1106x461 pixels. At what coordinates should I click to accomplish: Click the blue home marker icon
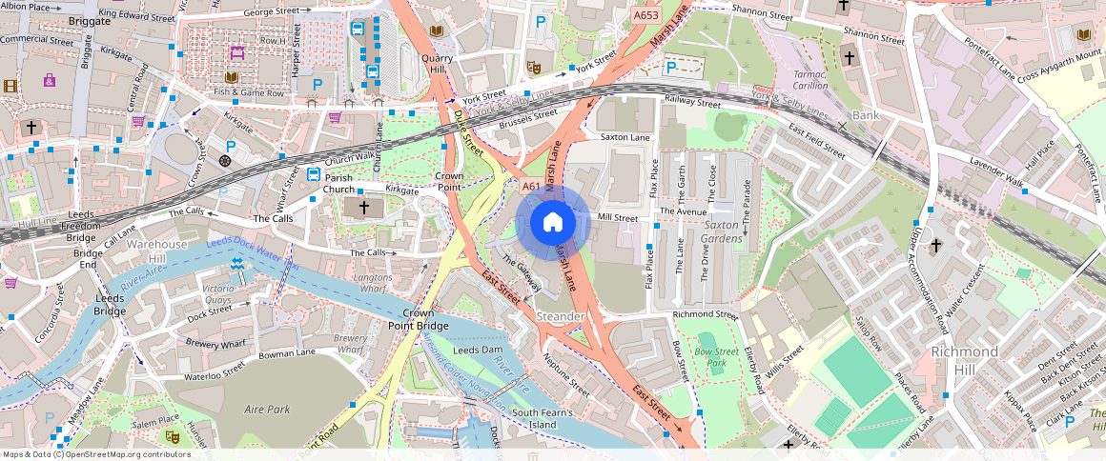[x=552, y=223]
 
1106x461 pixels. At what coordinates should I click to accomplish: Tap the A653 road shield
[x=645, y=16]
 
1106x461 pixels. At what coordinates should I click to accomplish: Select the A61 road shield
[x=531, y=186]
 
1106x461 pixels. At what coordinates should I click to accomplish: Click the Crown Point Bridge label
[x=419, y=319]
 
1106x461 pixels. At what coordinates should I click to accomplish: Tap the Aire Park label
[x=267, y=409]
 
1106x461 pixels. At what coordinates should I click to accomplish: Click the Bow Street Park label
[x=716, y=357]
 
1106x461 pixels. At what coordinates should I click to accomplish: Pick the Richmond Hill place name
[x=965, y=358]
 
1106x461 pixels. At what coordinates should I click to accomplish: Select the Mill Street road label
[x=617, y=218]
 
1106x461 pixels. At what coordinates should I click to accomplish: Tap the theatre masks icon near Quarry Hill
[x=535, y=68]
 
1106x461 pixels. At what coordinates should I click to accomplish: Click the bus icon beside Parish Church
[x=314, y=173]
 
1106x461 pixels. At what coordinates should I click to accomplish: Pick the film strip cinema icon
[x=10, y=86]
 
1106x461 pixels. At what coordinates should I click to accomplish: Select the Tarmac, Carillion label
[x=810, y=79]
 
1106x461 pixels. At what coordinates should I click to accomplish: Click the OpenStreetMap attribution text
[x=96, y=454]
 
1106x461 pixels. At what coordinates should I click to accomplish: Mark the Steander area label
[x=561, y=315]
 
